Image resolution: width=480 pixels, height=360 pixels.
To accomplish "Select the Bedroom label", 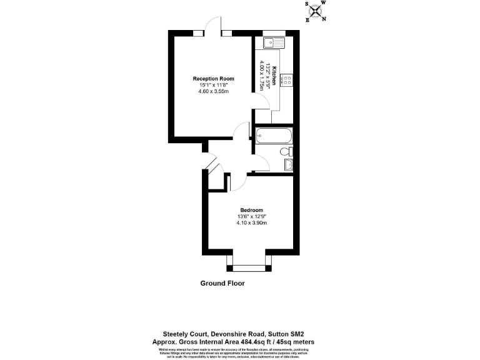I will pos(251,210).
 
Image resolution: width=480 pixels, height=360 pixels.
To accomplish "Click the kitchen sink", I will pos(274,43).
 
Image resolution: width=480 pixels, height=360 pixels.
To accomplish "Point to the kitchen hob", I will pos(288,80).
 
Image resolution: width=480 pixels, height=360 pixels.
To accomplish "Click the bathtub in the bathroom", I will pos(273,136).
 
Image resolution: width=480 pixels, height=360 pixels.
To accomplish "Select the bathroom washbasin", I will pos(289,164).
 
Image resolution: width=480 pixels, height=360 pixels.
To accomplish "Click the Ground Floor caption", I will pos(222,283).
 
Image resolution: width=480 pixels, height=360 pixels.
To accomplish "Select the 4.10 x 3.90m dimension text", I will pos(251,223).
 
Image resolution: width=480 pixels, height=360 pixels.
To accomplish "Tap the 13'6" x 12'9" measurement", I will pos(251,217).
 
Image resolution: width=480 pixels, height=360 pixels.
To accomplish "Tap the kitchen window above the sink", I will pos(274,33).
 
